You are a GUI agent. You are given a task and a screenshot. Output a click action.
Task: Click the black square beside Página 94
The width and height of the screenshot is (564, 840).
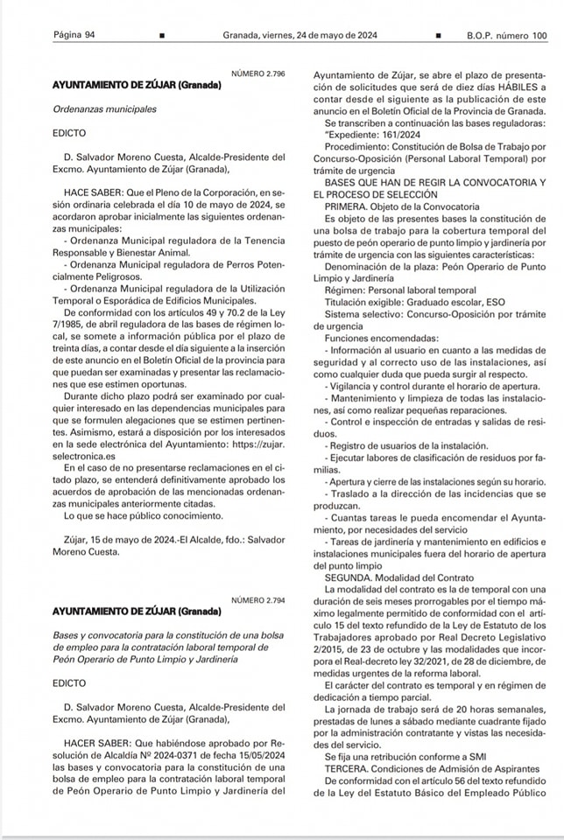click(161, 36)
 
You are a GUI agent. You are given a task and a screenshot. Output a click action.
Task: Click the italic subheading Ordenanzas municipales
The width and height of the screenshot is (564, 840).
click(103, 109)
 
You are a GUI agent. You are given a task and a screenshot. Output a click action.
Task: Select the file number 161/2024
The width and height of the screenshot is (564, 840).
click(411, 135)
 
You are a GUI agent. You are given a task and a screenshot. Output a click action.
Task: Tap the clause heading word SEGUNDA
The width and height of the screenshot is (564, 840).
click(349, 577)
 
